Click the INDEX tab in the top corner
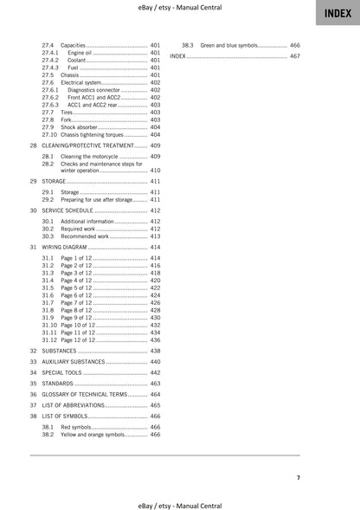(x=338, y=13)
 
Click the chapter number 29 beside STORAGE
(x=33, y=183)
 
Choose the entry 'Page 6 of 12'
(x=75, y=295)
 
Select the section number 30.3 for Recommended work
(x=48, y=236)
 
